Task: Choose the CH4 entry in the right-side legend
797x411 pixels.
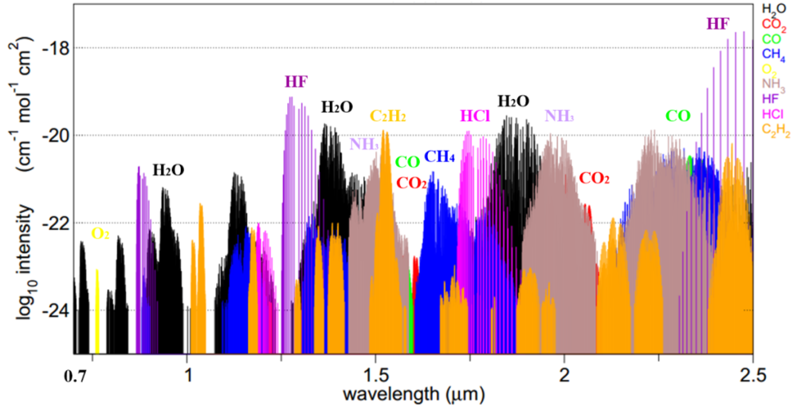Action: [775, 53]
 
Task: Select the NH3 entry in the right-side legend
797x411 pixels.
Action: [775, 83]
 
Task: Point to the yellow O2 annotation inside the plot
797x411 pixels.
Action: [100, 234]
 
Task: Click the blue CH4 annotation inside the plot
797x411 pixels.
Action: [440, 156]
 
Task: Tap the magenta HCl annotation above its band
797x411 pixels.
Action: [475, 117]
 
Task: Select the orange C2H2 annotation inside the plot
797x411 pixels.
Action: [388, 117]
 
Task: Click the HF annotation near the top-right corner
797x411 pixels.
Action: [717, 24]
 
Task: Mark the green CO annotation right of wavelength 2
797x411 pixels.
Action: [678, 117]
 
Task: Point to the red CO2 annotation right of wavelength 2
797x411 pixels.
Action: [594, 179]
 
